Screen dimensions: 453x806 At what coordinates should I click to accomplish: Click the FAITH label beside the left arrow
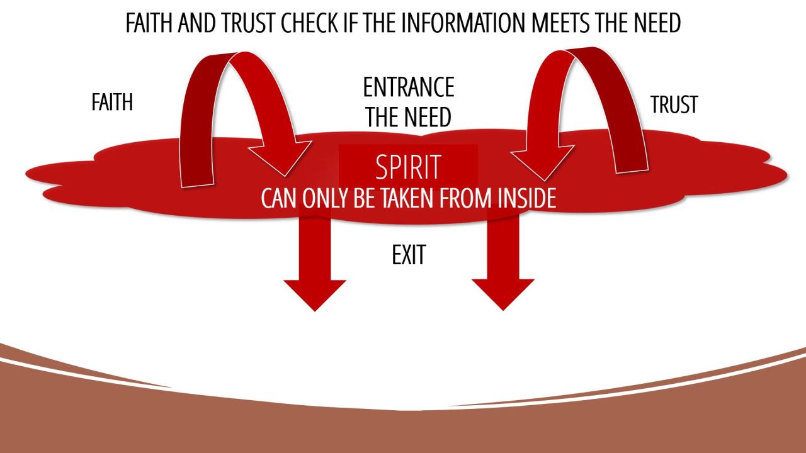pos(112,103)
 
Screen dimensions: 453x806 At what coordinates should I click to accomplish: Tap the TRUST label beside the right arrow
pos(674,105)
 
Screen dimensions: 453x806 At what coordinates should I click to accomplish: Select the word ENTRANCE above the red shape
pos(409,87)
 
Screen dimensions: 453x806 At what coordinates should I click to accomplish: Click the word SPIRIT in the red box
pos(408,167)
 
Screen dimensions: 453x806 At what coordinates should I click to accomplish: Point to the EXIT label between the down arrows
pos(409,255)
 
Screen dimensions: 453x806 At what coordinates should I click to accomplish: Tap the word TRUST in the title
pos(244,23)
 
